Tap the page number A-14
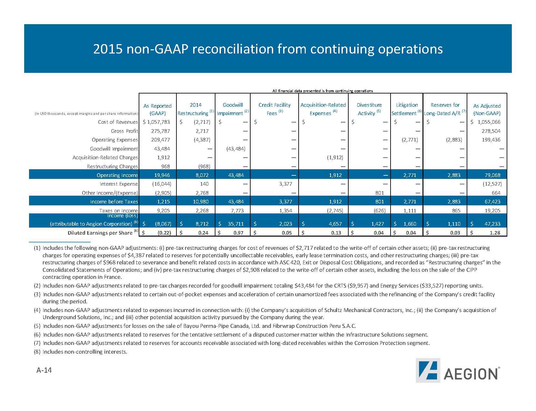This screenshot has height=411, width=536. click(x=44, y=370)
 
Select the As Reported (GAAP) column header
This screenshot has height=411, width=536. click(x=157, y=109)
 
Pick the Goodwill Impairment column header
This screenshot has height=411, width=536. click(x=233, y=109)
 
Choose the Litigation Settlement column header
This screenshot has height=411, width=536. click(x=406, y=109)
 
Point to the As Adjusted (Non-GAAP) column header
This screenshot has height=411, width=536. click(x=487, y=109)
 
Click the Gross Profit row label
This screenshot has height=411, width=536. click(x=124, y=131)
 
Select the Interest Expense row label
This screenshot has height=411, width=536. click(x=119, y=184)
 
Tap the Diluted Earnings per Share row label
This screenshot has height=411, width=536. click(x=100, y=233)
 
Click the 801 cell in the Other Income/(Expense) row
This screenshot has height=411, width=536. click(x=379, y=193)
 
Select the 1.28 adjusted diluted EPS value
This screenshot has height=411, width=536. click(x=494, y=233)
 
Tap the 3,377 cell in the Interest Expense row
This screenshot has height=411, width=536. click(x=290, y=184)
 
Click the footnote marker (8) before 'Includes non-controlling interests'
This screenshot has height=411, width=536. click(x=37, y=352)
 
